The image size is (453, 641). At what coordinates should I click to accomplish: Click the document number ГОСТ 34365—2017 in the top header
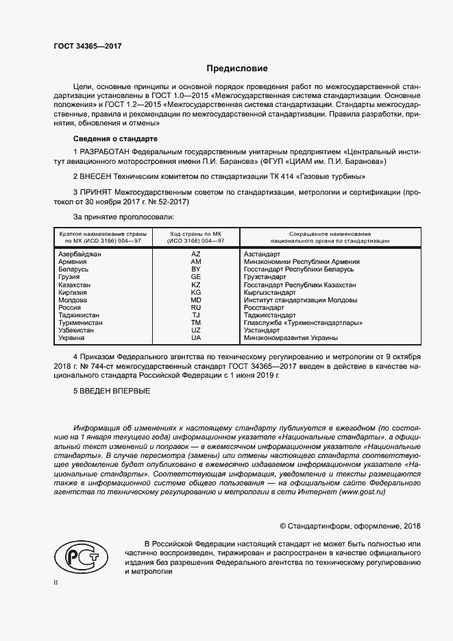tap(83, 46)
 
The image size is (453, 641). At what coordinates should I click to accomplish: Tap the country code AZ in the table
tap(196, 254)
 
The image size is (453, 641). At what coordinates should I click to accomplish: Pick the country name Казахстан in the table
tap(73, 285)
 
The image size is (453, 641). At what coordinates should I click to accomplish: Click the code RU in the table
tap(196, 308)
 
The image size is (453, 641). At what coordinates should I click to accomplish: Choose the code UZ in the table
tap(196, 330)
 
